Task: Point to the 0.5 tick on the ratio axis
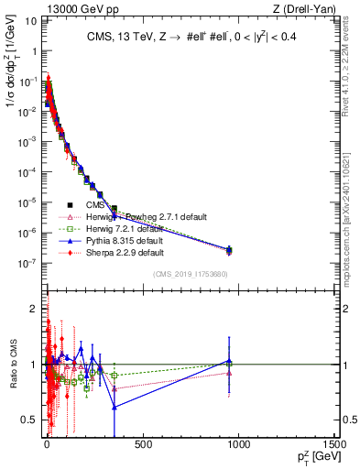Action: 29,420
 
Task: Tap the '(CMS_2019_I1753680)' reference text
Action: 190,275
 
